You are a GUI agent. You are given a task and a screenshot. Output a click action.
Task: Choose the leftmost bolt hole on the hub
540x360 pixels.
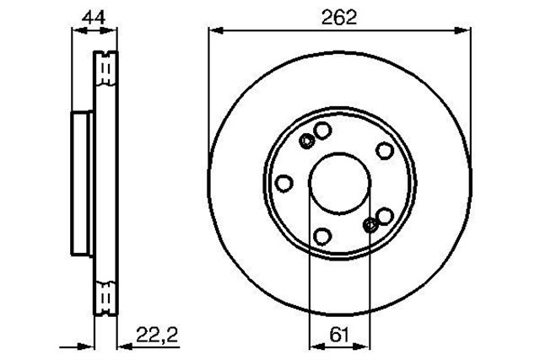(284, 183)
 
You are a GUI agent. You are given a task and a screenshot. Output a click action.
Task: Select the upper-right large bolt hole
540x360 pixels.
(384, 150)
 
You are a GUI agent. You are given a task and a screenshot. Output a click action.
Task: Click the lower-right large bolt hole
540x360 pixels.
(385, 217)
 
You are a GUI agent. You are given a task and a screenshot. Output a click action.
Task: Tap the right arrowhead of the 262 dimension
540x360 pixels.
(463, 31)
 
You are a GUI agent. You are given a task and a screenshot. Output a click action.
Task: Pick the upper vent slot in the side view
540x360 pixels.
(105, 67)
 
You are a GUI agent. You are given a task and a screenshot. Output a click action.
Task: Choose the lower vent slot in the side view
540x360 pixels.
(105, 294)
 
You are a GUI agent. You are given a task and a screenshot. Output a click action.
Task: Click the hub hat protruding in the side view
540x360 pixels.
(83, 184)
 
